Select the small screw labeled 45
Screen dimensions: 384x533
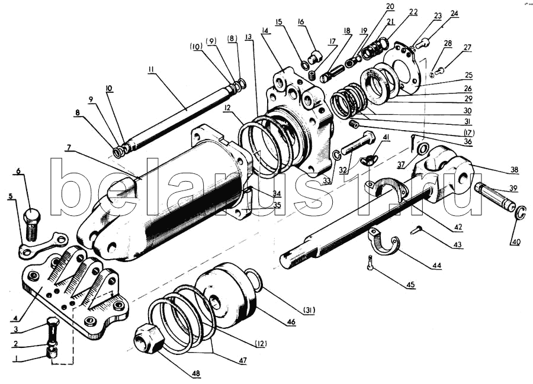click(x=370, y=262)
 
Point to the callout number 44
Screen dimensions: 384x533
click(x=436, y=265)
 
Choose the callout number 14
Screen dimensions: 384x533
click(x=265, y=30)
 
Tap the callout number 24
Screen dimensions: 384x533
click(x=454, y=12)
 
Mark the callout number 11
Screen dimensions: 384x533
click(x=152, y=69)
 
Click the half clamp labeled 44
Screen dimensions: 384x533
click(x=385, y=243)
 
